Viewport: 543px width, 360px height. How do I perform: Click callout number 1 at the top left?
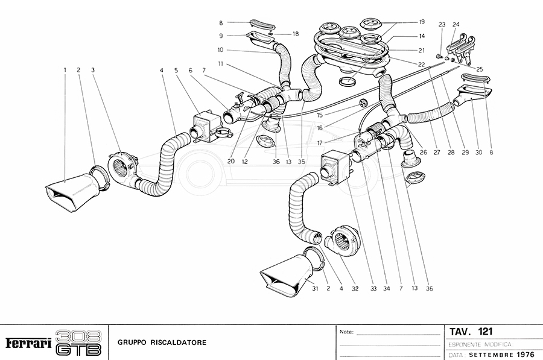pos(65,71)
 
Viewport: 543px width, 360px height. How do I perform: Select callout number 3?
pos(94,71)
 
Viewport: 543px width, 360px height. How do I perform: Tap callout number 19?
pos(422,22)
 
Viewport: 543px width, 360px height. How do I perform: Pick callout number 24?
pos(456,25)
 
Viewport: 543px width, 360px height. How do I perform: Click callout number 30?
pos(478,153)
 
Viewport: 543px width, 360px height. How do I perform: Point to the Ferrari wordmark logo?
pos(28,343)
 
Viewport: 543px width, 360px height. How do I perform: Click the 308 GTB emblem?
pos(78,343)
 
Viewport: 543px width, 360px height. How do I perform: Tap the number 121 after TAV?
pos(485,332)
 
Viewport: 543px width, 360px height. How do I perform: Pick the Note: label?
pos(347,332)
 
